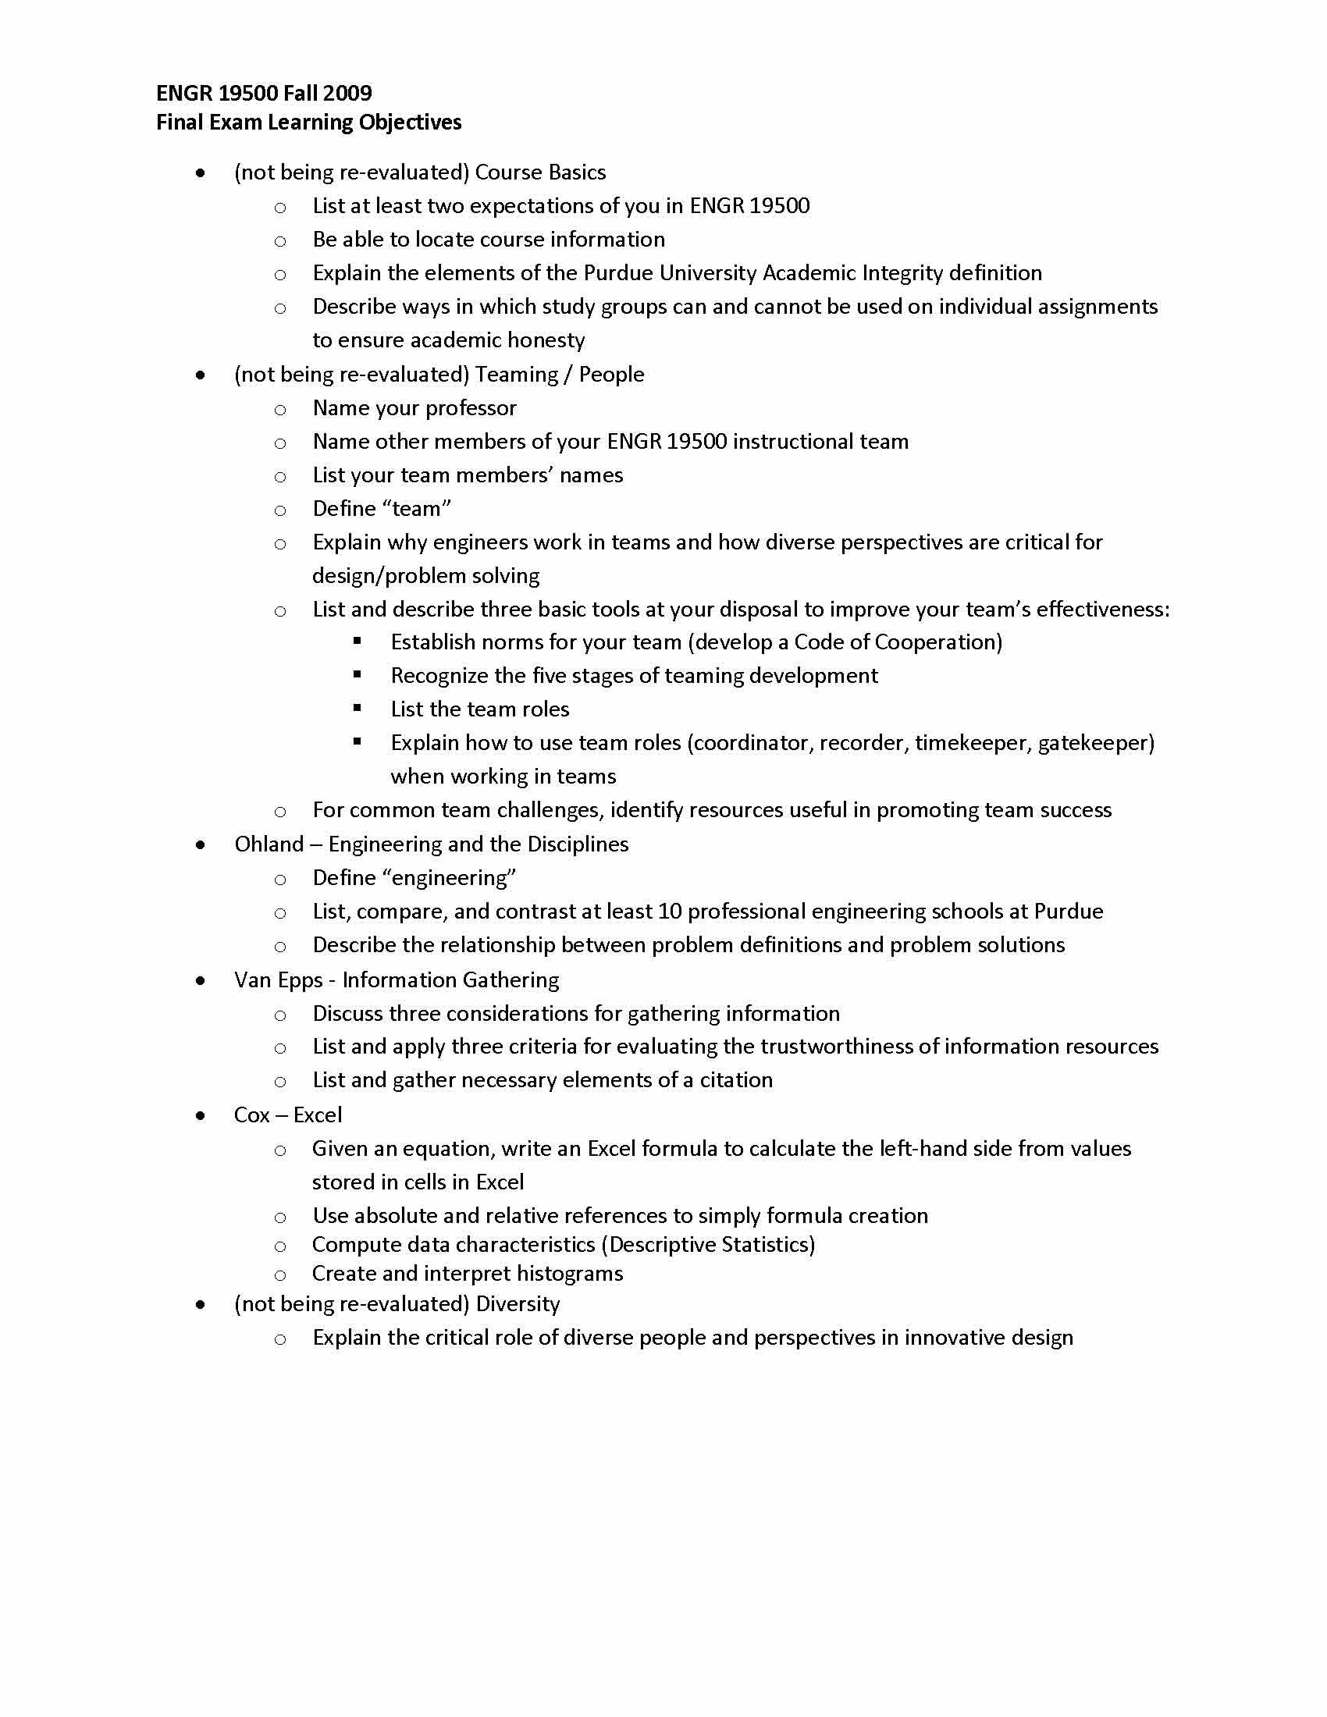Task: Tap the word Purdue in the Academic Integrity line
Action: (618, 273)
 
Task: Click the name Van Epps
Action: (279, 980)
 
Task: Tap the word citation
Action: (736, 1080)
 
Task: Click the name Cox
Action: (251, 1115)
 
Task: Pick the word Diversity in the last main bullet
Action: (518, 1304)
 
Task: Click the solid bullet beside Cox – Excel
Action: (201, 1115)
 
